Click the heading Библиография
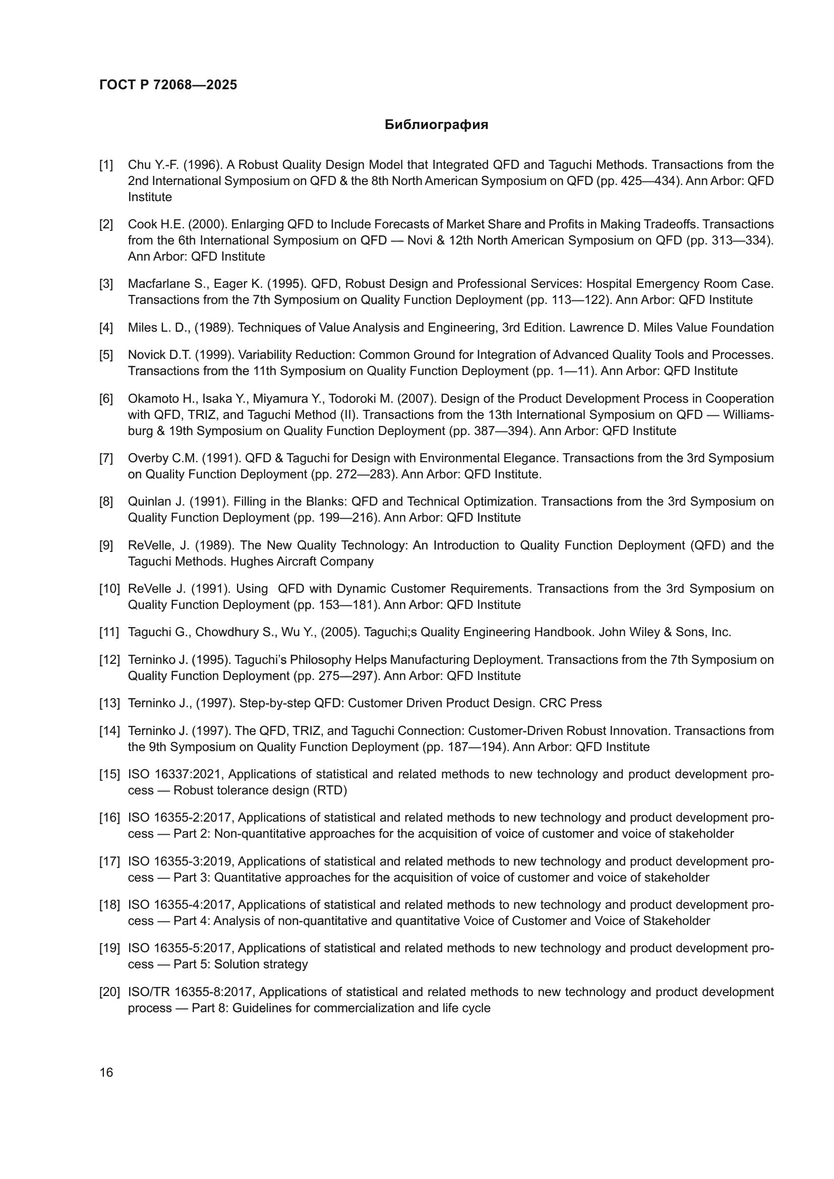[x=436, y=125]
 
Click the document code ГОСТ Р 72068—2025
[x=168, y=85]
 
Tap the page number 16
[x=106, y=1072]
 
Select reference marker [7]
[x=106, y=458]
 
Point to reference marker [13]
[x=109, y=703]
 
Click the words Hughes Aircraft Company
[x=302, y=561]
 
